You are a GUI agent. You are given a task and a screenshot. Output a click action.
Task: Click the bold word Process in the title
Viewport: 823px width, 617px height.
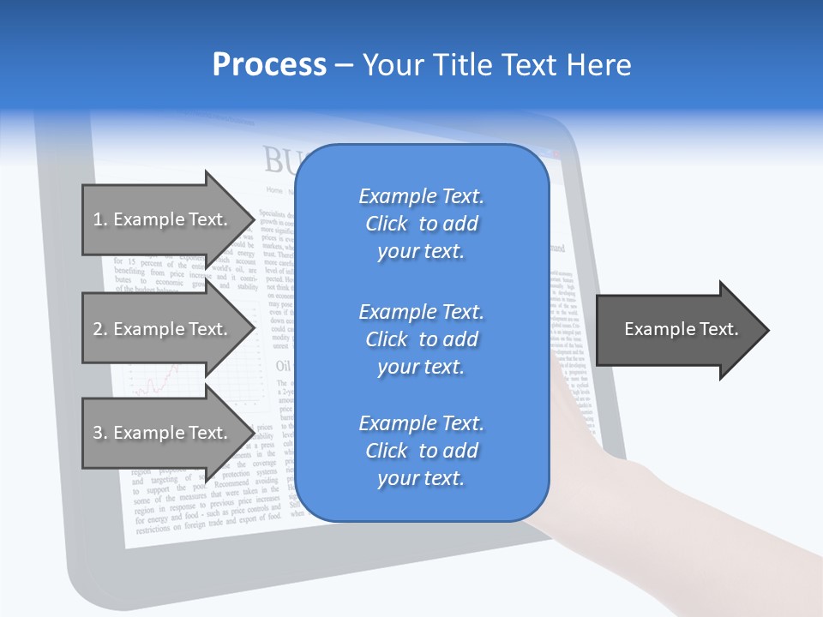click(269, 65)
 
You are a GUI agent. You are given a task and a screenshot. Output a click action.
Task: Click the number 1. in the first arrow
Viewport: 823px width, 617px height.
click(100, 219)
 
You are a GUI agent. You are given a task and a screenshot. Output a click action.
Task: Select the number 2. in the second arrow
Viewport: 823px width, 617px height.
click(100, 329)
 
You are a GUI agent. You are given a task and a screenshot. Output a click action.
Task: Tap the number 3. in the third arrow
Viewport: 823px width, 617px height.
click(100, 433)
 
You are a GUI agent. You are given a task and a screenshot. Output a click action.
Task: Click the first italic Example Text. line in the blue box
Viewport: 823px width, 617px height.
click(421, 196)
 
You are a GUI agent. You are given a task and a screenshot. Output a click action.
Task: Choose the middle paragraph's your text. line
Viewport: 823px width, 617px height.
click(421, 367)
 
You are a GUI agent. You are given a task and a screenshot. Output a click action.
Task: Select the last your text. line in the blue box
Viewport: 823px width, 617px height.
click(421, 478)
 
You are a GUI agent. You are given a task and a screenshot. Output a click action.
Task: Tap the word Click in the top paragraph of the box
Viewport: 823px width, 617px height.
click(387, 224)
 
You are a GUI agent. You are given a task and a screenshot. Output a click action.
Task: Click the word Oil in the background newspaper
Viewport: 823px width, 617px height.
click(283, 366)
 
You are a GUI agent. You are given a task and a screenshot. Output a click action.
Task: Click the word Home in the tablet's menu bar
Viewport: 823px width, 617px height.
click(274, 190)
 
